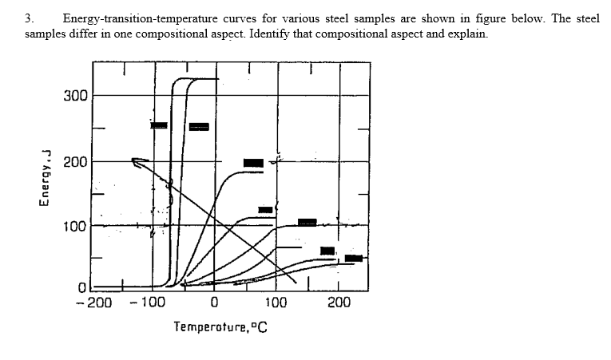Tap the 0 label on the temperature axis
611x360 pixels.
[x=214, y=303]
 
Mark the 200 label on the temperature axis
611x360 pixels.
[x=338, y=303]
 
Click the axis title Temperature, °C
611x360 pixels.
[x=220, y=326]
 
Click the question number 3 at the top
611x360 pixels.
[x=28, y=18]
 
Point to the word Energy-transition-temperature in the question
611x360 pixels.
[x=131, y=18]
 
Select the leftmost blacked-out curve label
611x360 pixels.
[x=160, y=125]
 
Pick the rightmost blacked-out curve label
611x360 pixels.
[x=354, y=258]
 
